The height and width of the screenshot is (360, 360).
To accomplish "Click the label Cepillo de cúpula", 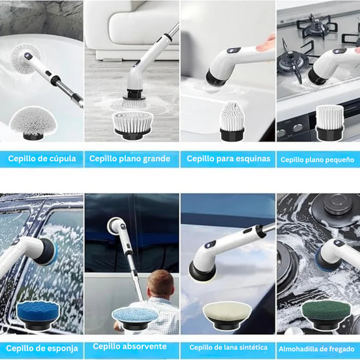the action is [42, 159].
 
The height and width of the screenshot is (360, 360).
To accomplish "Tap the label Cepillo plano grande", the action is [130, 159].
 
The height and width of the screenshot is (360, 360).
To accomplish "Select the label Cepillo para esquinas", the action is [228, 159].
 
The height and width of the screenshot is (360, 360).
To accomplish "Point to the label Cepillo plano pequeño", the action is [317, 160].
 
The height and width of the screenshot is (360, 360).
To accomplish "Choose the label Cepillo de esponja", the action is [42, 348].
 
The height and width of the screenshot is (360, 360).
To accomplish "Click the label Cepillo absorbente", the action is [130, 346].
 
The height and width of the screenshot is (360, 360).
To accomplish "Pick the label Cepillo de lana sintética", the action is [228, 348].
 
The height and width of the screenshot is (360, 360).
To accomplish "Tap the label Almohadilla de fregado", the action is [316, 349].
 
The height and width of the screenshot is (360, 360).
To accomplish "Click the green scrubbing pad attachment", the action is [326, 314].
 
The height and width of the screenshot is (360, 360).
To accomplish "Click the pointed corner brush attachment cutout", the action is [232, 121].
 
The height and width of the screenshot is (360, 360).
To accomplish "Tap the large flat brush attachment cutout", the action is [132, 125].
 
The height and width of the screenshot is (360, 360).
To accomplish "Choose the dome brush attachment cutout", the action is [33, 123].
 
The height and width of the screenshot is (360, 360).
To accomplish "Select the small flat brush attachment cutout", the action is [330, 123].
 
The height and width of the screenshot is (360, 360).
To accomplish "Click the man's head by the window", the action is [160, 284].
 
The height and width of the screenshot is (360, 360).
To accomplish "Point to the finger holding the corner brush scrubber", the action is [266, 45].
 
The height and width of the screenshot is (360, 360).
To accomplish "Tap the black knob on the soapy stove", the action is [338, 204].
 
